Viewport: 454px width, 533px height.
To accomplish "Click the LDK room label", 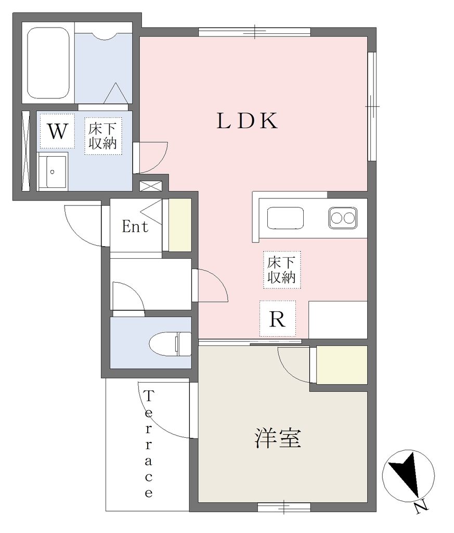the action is coord(247,121).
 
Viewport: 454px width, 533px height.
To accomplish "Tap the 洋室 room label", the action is coord(278,438).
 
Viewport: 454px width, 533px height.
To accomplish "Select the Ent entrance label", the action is coord(135,226).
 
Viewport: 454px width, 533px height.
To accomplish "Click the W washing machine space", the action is coord(57,131).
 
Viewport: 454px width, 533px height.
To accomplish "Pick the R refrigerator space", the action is coord(277,319).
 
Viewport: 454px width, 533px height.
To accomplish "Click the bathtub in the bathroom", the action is coord(48,63).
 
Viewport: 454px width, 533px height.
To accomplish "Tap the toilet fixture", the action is coord(170,344).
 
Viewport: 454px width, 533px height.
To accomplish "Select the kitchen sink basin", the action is coord(285,218).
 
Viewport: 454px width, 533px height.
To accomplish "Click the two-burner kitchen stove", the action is coord(343,218).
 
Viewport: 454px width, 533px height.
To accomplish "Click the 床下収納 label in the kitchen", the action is coord(281,270).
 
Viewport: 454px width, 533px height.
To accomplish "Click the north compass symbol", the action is coord(409,476).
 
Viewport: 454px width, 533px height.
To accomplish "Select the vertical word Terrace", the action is coord(148,444).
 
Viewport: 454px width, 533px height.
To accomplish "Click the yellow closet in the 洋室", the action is coord(342,365).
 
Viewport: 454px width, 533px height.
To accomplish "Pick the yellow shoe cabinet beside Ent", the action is coord(180,225).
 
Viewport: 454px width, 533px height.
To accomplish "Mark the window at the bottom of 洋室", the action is coord(284,507).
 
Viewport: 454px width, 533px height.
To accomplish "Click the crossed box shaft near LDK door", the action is coord(151,186).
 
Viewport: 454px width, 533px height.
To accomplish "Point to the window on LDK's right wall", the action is coord(372,106).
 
